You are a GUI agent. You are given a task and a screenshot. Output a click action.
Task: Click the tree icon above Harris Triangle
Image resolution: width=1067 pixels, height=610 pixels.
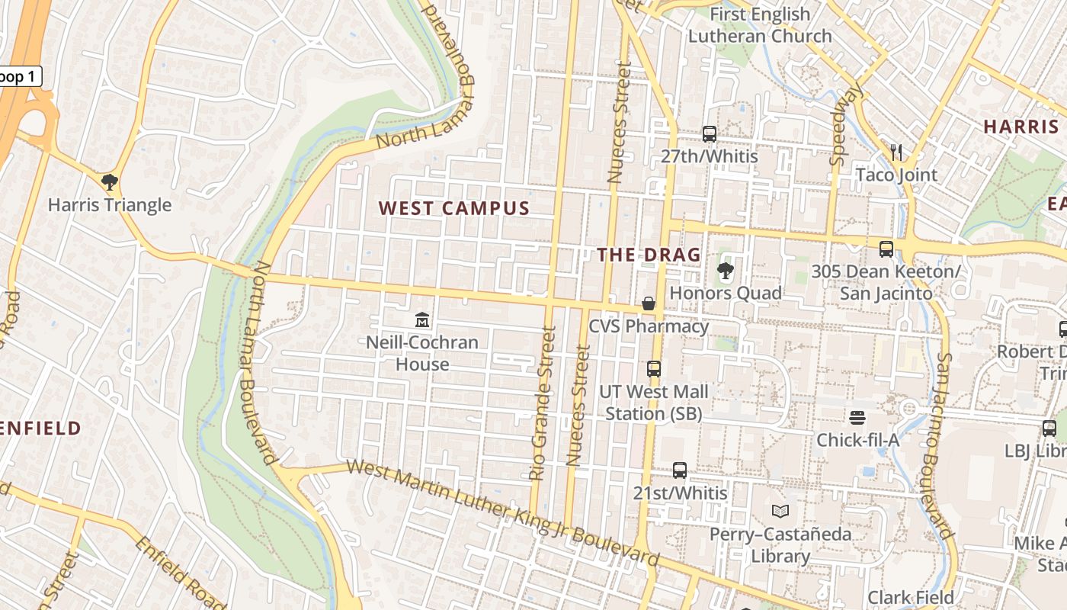[x=110, y=181]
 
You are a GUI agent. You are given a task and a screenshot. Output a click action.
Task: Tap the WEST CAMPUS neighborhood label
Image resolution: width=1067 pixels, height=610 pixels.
[x=454, y=208]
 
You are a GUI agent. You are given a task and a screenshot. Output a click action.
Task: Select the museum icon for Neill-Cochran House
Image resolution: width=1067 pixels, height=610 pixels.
[x=422, y=319]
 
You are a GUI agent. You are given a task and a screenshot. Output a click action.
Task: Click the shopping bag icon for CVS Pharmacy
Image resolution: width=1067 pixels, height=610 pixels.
[x=649, y=303]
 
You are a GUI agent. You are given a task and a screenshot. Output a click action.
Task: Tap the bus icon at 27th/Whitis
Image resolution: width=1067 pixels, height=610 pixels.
[x=710, y=134]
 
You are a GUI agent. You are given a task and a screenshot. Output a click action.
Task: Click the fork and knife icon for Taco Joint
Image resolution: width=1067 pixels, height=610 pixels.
[x=896, y=152]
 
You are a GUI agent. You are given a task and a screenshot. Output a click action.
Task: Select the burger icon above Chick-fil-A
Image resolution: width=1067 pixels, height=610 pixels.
[x=857, y=418]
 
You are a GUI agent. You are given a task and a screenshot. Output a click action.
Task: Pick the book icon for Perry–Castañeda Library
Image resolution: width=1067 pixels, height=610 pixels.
[x=780, y=511]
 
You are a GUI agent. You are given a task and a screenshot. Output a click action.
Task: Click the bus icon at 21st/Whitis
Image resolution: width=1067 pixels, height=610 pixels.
[x=680, y=470]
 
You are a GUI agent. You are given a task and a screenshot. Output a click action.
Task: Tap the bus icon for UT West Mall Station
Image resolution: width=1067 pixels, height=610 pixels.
[x=654, y=369]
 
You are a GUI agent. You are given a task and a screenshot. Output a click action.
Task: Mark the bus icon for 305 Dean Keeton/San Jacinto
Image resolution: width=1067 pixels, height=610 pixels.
[x=886, y=249]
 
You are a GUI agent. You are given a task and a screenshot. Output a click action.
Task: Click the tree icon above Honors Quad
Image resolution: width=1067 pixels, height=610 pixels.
[x=725, y=271]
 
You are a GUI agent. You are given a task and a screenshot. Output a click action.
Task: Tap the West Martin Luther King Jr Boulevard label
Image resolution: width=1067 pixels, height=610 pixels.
[x=503, y=512]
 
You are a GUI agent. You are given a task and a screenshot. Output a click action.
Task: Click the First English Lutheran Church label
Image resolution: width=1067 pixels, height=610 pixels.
[x=760, y=25]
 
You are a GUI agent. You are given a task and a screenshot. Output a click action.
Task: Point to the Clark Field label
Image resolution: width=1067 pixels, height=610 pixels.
[x=911, y=597]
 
